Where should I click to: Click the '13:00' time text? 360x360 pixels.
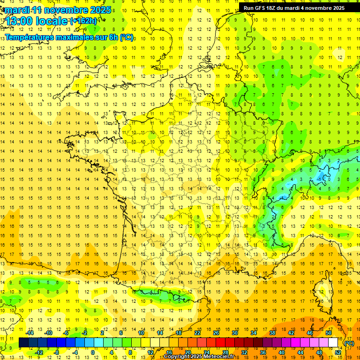point(19,21)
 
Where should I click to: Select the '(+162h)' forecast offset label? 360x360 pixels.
point(83,21)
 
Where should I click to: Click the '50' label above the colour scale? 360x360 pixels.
point(328,333)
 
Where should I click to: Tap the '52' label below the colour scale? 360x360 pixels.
point(338,352)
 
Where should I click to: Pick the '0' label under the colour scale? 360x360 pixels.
point(93,352)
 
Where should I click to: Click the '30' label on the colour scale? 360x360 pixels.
point(234,333)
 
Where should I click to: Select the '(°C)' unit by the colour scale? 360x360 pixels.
point(349,343)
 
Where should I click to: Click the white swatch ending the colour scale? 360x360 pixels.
point(333,343)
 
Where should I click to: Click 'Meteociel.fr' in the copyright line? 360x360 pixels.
point(223,357)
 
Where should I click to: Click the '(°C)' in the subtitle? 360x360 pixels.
point(126,37)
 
